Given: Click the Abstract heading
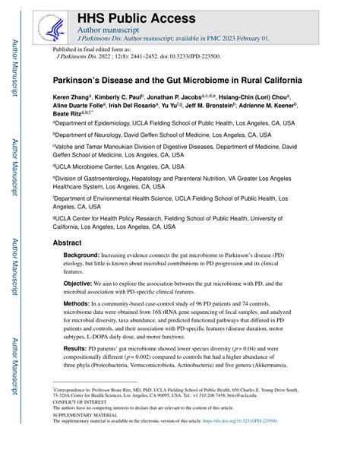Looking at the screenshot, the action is click(x=67, y=243).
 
